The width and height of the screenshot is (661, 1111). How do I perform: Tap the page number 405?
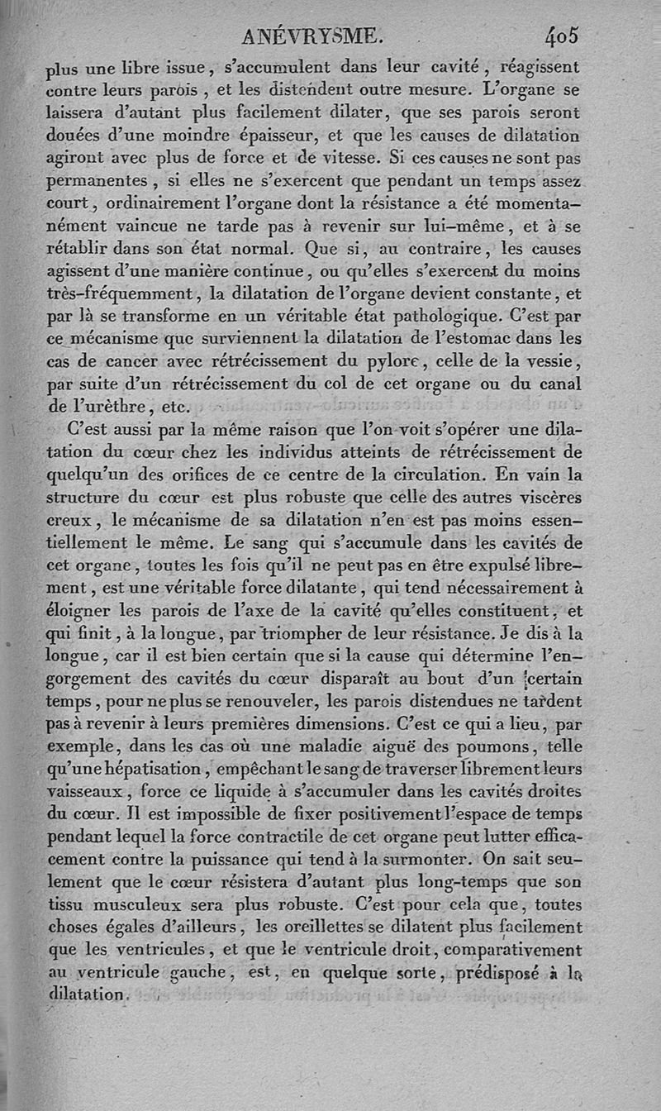tap(561, 36)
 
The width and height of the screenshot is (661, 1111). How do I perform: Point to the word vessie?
tap(551, 361)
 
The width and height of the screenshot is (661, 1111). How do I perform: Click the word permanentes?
tap(94, 180)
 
